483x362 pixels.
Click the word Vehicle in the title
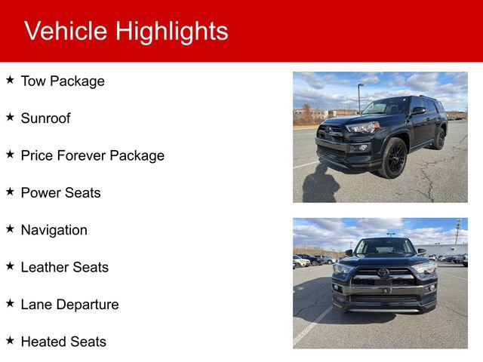[x=66, y=31]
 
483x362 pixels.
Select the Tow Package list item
[x=63, y=81]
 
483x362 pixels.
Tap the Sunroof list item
[x=45, y=118]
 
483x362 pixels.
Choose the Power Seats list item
[x=60, y=193]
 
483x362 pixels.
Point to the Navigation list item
[x=54, y=230]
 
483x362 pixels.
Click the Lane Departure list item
[x=69, y=305]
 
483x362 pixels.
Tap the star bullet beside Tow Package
[x=10, y=79]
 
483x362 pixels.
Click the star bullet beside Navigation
[x=10, y=228]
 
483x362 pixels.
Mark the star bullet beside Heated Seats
[x=10, y=339]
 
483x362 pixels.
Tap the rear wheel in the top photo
[x=438, y=139]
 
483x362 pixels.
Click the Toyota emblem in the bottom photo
[x=383, y=272]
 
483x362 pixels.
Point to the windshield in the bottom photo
[x=385, y=247]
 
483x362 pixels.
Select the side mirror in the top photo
[x=417, y=111]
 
